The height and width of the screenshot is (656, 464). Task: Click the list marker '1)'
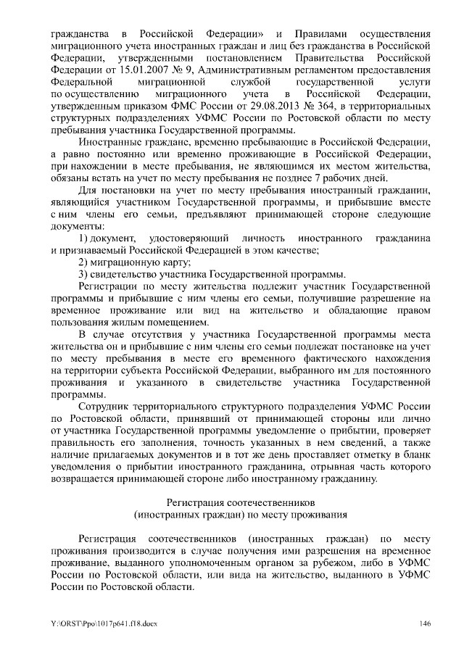(x=83, y=238)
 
